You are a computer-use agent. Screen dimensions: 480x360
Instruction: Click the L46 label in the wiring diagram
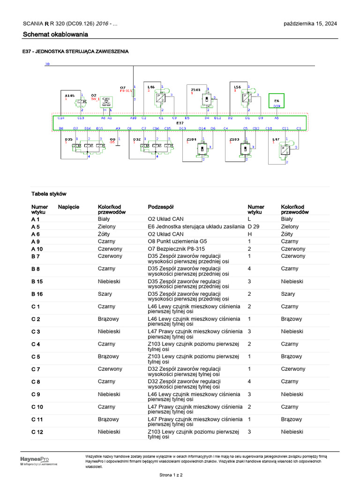[x=151, y=87]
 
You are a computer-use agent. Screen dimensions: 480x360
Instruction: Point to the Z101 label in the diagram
[x=195, y=89]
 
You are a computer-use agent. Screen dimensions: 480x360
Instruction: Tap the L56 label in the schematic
[x=237, y=87]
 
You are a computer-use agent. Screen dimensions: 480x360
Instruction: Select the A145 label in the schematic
[x=69, y=96]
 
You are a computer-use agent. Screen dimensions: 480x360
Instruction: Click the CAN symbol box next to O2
[x=106, y=101]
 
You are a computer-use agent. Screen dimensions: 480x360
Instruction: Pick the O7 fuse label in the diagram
[x=123, y=87]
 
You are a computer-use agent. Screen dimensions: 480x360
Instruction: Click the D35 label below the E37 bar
[x=68, y=139]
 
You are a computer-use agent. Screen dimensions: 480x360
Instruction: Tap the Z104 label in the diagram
[x=191, y=139]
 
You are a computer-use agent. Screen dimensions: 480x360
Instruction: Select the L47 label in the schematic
[x=276, y=139]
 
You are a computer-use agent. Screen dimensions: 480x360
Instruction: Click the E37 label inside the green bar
[x=180, y=123]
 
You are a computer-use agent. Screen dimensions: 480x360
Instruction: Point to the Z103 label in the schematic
[x=234, y=139]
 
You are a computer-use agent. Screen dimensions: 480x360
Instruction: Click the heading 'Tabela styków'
[x=49, y=193]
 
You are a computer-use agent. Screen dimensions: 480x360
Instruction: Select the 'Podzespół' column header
[x=162, y=207]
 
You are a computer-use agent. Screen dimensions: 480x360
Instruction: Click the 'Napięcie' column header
[x=68, y=207]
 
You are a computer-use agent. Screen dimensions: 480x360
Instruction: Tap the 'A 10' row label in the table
[x=37, y=249]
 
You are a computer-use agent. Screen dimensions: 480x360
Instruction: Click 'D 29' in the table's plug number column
[x=253, y=226]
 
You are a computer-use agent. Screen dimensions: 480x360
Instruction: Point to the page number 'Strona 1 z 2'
[x=171, y=475]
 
